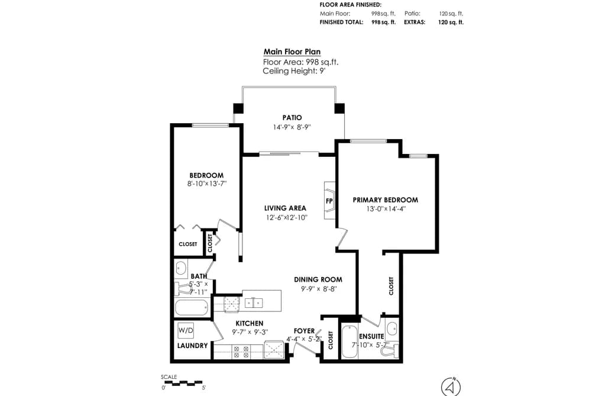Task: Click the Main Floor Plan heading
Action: [292, 52]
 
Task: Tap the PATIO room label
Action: [292, 118]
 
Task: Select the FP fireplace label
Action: [329, 201]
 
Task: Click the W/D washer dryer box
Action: [186, 330]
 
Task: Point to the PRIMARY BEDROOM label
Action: [385, 200]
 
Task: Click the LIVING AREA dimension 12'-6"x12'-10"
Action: [287, 217]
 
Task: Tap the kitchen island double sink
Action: [254, 302]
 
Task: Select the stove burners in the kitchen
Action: [241, 352]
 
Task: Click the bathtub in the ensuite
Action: [349, 342]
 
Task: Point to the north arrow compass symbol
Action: [451, 387]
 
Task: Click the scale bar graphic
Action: [182, 382]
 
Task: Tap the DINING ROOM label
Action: [318, 280]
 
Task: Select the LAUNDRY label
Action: [193, 346]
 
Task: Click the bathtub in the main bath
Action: [192, 307]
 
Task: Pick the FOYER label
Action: [304, 331]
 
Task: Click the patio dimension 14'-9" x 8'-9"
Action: [292, 127]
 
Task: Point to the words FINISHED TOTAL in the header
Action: [341, 22]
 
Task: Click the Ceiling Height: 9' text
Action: [294, 71]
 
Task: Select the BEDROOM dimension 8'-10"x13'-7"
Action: [207, 183]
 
